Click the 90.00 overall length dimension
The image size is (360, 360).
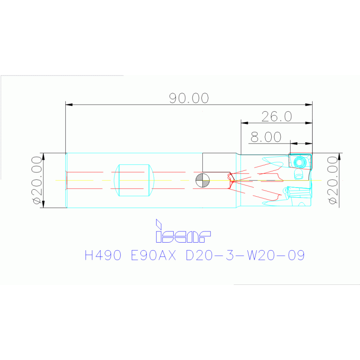pos(189,98)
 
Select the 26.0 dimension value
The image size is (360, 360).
pos(276,116)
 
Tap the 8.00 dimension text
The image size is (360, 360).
pos(266,137)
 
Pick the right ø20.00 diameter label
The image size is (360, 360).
pos(333,180)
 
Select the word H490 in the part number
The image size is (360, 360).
pos(103,255)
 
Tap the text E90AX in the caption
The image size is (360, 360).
pos(153,255)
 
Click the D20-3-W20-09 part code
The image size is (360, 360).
pos(245,255)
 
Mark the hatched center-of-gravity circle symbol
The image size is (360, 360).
pos(202,180)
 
